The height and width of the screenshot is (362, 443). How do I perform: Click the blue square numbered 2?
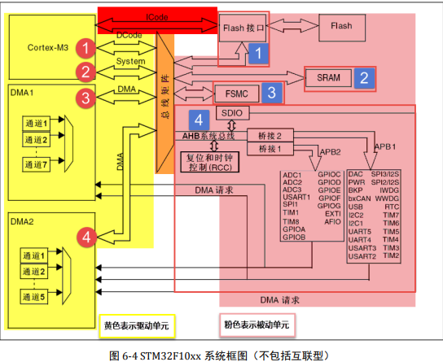pyautogui.click(x=366, y=78)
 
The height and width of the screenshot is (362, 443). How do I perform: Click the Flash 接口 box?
pyautogui.click(x=243, y=28)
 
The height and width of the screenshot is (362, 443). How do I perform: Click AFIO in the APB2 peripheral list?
pyautogui.click(x=331, y=221)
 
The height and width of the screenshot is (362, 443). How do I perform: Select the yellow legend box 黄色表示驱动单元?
pyautogui.click(x=136, y=325)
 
